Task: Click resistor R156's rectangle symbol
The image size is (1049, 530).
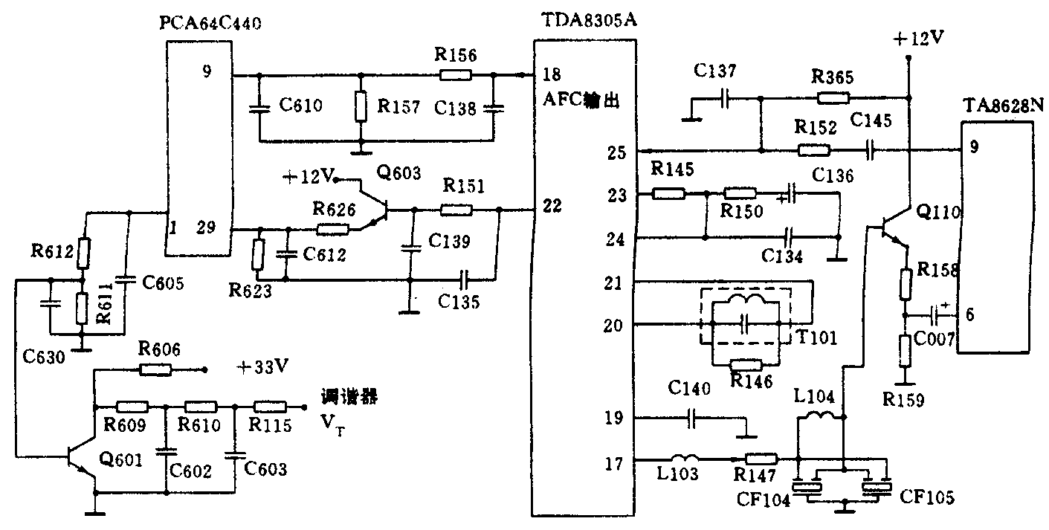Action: (455, 75)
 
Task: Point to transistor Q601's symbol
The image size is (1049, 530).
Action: (83, 462)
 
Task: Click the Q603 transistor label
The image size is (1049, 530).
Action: (398, 174)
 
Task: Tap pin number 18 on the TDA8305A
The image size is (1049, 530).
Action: (552, 75)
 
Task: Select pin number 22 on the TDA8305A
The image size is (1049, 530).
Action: (552, 207)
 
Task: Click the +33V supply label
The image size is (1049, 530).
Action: (262, 367)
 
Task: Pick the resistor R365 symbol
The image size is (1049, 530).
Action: (833, 97)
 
